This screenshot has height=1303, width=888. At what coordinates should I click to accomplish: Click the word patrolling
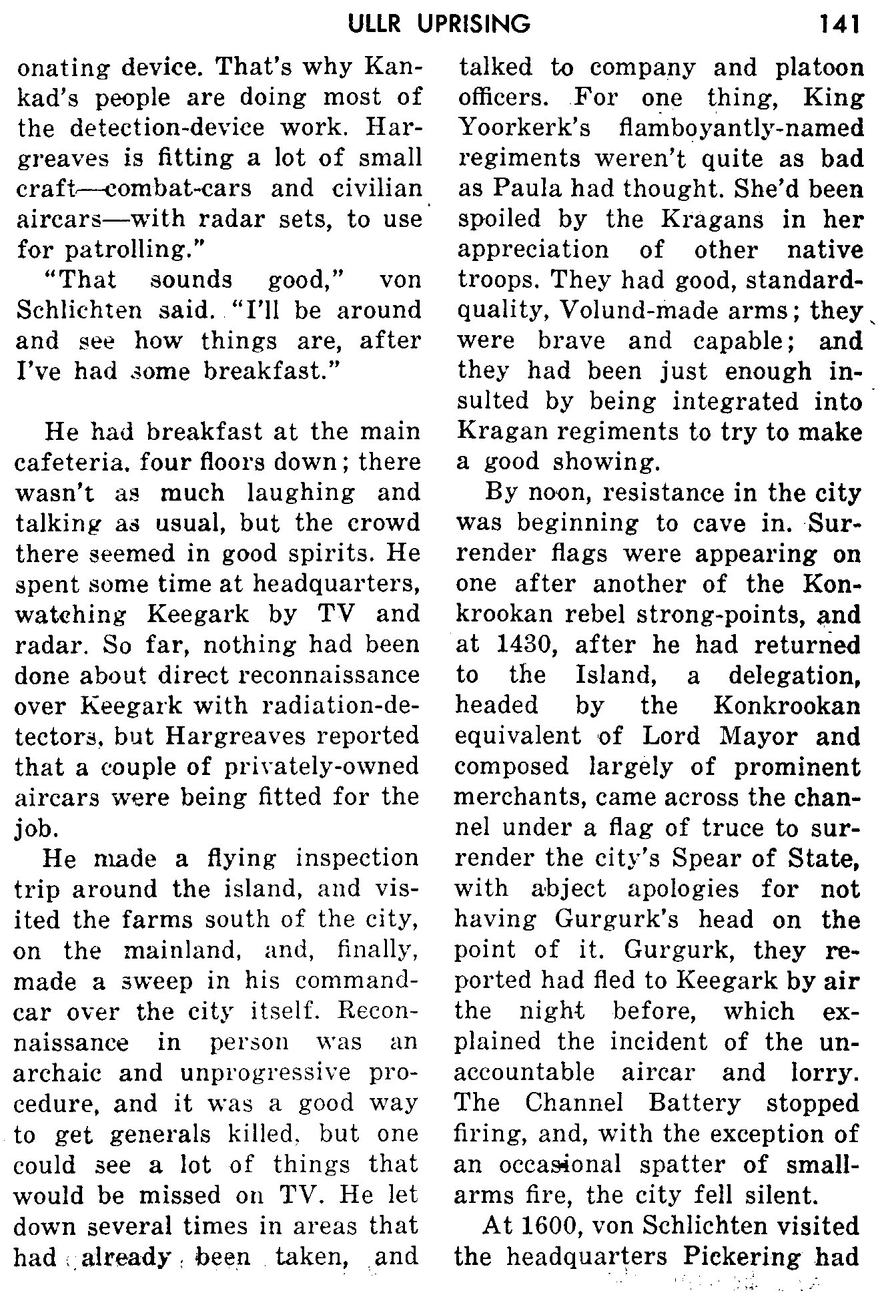[x=116, y=250]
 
